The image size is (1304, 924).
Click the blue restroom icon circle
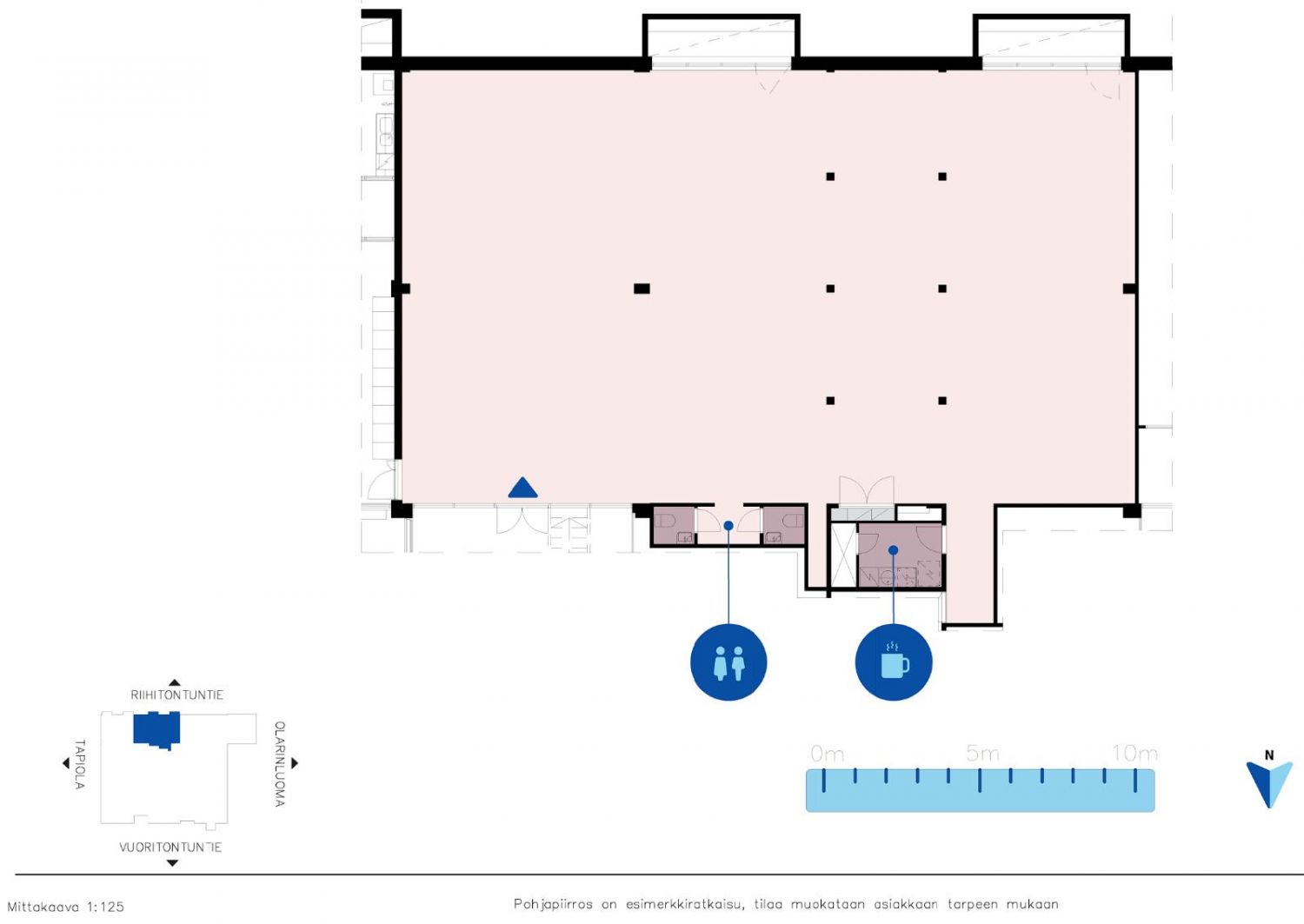pyautogui.click(x=729, y=662)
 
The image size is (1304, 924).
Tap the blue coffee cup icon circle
pyautogui.click(x=894, y=662)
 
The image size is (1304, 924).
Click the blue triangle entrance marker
pyautogui.click(x=522, y=488)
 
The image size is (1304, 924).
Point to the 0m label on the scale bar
pyautogui.click(x=827, y=754)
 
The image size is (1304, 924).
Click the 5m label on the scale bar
pyautogui.click(x=982, y=754)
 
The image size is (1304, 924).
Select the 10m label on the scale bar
pyautogui.click(x=1134, y=754)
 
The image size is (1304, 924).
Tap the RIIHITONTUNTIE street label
pyautogui.click(x=177, y=695)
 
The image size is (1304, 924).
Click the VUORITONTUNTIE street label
pyautogui.click(x=170, y=848)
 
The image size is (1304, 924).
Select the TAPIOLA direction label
pyautogui.click(x=80, y=764)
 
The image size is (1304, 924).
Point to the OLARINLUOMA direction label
pyautogui.click(x=279, y=764)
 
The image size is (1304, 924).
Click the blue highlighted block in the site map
pyautogui.click(x=156, y=730)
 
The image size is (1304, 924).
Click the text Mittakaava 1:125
pyautogui.click(x=66, y=907)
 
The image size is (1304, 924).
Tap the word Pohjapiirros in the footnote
pyautogui.click(x=553, y=905)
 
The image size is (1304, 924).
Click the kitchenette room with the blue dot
pyautogui.click(x=900, y=555)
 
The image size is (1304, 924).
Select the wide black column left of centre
pyautogui.click(x=642, y=289)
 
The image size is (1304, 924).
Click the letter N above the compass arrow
pyautogui.click(x=1269, y=755)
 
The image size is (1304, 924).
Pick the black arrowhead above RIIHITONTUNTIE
pyautogui.click(x=174, y=683)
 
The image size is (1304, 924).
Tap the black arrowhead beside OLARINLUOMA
pyautogui.click(x=295, y=762)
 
